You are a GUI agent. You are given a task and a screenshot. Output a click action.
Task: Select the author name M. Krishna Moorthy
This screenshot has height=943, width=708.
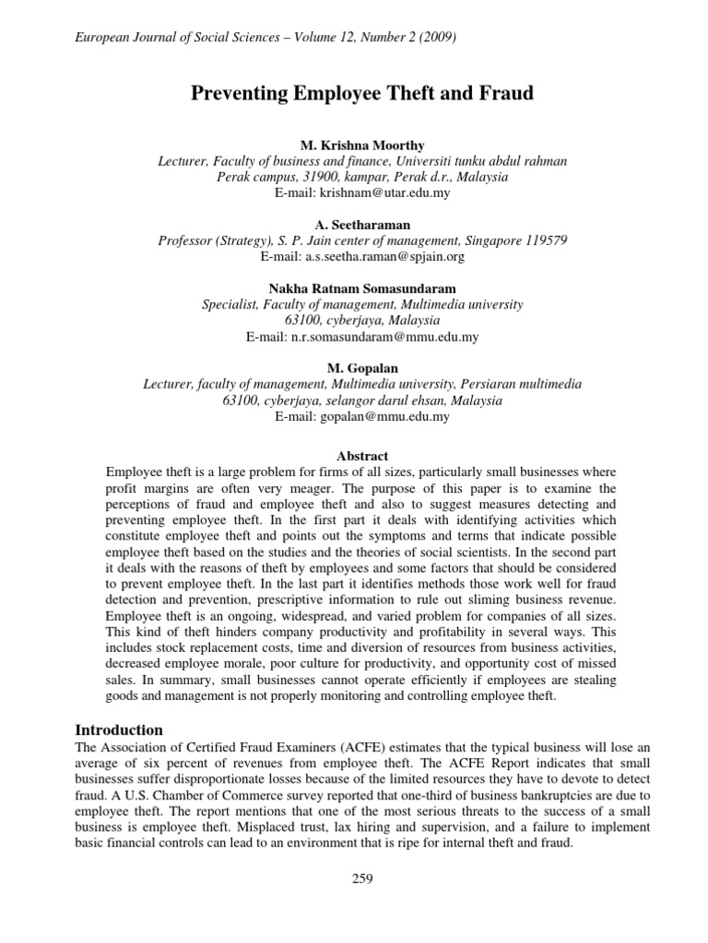(x=361, y=146)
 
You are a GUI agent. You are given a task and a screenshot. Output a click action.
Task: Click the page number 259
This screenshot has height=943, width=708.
(x=361, y=879)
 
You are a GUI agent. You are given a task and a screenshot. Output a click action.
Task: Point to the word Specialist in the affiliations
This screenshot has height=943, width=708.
(x=231, y=304)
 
